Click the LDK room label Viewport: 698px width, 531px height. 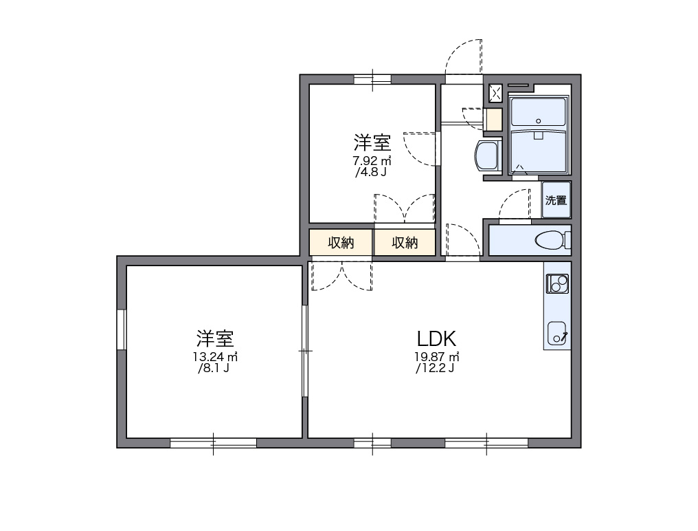click(436, 338)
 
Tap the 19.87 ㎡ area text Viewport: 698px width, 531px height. click(436, 357)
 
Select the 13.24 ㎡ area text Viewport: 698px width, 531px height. click(215, 357)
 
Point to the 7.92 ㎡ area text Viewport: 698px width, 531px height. click(372, 161)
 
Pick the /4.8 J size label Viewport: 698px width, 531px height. click(371, 172)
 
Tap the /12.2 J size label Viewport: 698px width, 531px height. click(436, 369)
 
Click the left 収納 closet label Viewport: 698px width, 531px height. click(340, 243)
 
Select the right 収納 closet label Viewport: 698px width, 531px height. click(405, 243)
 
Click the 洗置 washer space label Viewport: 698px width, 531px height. click(556, 201)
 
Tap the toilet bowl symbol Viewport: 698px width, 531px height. click(551, 240)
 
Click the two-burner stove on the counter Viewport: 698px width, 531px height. click(557, 282)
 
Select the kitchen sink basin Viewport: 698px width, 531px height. click(556, 333)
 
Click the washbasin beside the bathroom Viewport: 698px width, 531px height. click(488, 156)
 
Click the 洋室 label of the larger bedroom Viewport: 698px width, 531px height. click(215, 338)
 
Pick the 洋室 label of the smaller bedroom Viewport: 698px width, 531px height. click(372, 142)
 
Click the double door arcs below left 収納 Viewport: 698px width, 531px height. click(341, 275)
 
